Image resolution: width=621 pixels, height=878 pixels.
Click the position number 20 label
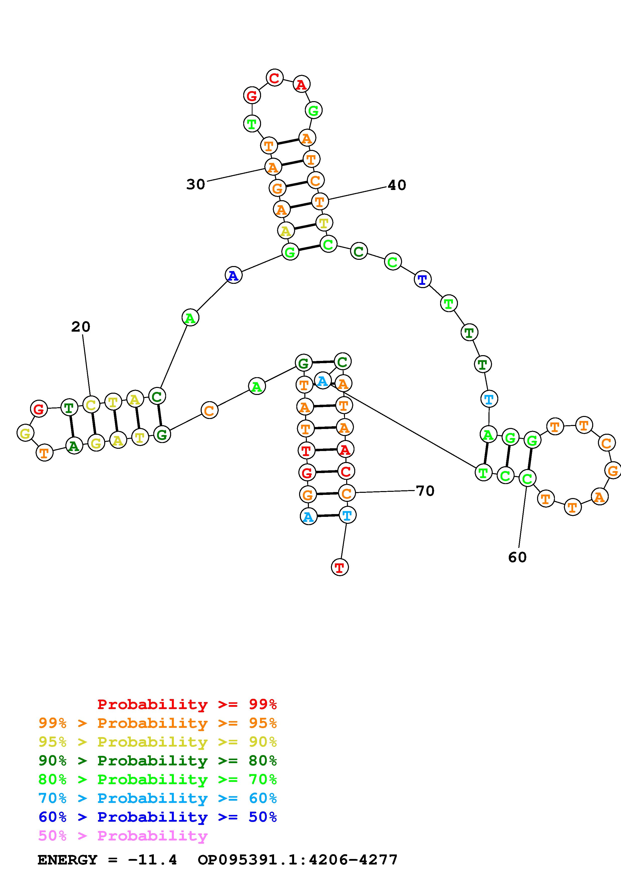click(81, 327)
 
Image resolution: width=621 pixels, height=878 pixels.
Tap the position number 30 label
click(196, 185)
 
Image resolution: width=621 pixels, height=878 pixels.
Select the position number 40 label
click(397, 185)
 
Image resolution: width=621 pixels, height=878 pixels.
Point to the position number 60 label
click(517, 558)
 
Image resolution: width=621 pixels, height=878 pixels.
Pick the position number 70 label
click(425, 491)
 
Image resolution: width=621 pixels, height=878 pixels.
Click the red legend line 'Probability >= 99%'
click(187, 704)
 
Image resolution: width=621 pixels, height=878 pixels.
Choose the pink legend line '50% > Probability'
click(123, 836)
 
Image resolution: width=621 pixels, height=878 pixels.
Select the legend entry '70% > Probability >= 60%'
click(158, 798)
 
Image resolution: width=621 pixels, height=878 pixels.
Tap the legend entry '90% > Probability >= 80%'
click(158, 761)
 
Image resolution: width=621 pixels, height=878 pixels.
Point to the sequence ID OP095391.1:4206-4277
click(298, 860)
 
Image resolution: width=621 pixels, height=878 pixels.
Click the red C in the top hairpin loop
click(274, 78)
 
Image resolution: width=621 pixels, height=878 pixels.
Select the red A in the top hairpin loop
click(302, 85)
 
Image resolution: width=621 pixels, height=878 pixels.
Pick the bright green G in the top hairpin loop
click(313, 111)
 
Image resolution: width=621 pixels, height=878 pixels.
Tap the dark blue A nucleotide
click(233, 275)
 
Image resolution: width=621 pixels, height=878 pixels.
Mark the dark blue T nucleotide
click(422, 280)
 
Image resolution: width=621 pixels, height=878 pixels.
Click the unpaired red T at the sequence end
click(340, 567)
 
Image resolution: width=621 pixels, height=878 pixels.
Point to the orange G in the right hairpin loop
click(612, 470)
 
